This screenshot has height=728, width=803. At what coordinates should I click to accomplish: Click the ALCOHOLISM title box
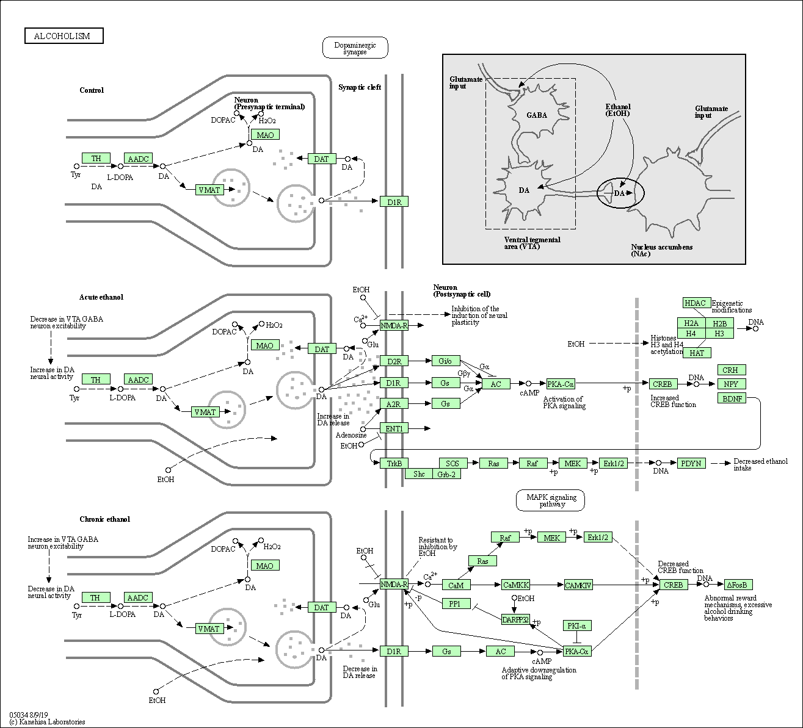click(64, 36)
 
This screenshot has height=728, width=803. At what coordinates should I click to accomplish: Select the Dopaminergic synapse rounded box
click(355, 48)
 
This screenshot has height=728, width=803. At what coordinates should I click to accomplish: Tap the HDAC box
click(695, 303)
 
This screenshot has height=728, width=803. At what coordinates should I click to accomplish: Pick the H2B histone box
click(719, 323)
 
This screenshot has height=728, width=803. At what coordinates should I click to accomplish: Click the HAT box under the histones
click(697, 353)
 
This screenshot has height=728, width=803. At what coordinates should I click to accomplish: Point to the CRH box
click(730, 370)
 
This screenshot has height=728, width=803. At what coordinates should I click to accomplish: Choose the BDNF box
click(732, 398)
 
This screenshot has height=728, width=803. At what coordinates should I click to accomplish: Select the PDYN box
click(691, 463)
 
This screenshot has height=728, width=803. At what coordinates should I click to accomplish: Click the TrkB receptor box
click(394, 463)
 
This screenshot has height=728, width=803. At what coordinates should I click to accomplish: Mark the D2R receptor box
click(394, 361)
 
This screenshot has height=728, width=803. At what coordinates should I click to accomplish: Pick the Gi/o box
click(445, 361)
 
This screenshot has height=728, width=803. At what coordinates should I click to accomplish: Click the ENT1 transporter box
click(394, 428)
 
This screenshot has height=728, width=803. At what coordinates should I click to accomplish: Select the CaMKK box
click(515, 585)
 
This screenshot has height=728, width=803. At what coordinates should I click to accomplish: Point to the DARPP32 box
click(515, 619)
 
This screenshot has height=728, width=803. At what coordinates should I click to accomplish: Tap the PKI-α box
click(576, 625)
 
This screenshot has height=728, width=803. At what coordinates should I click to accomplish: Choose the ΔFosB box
click(738, 585)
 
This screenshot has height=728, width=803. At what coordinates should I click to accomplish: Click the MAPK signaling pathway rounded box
click(550, 500)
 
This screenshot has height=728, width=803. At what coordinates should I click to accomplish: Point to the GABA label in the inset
click(537, 115)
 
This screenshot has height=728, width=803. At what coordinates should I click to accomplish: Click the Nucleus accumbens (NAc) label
click(661, 250)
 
